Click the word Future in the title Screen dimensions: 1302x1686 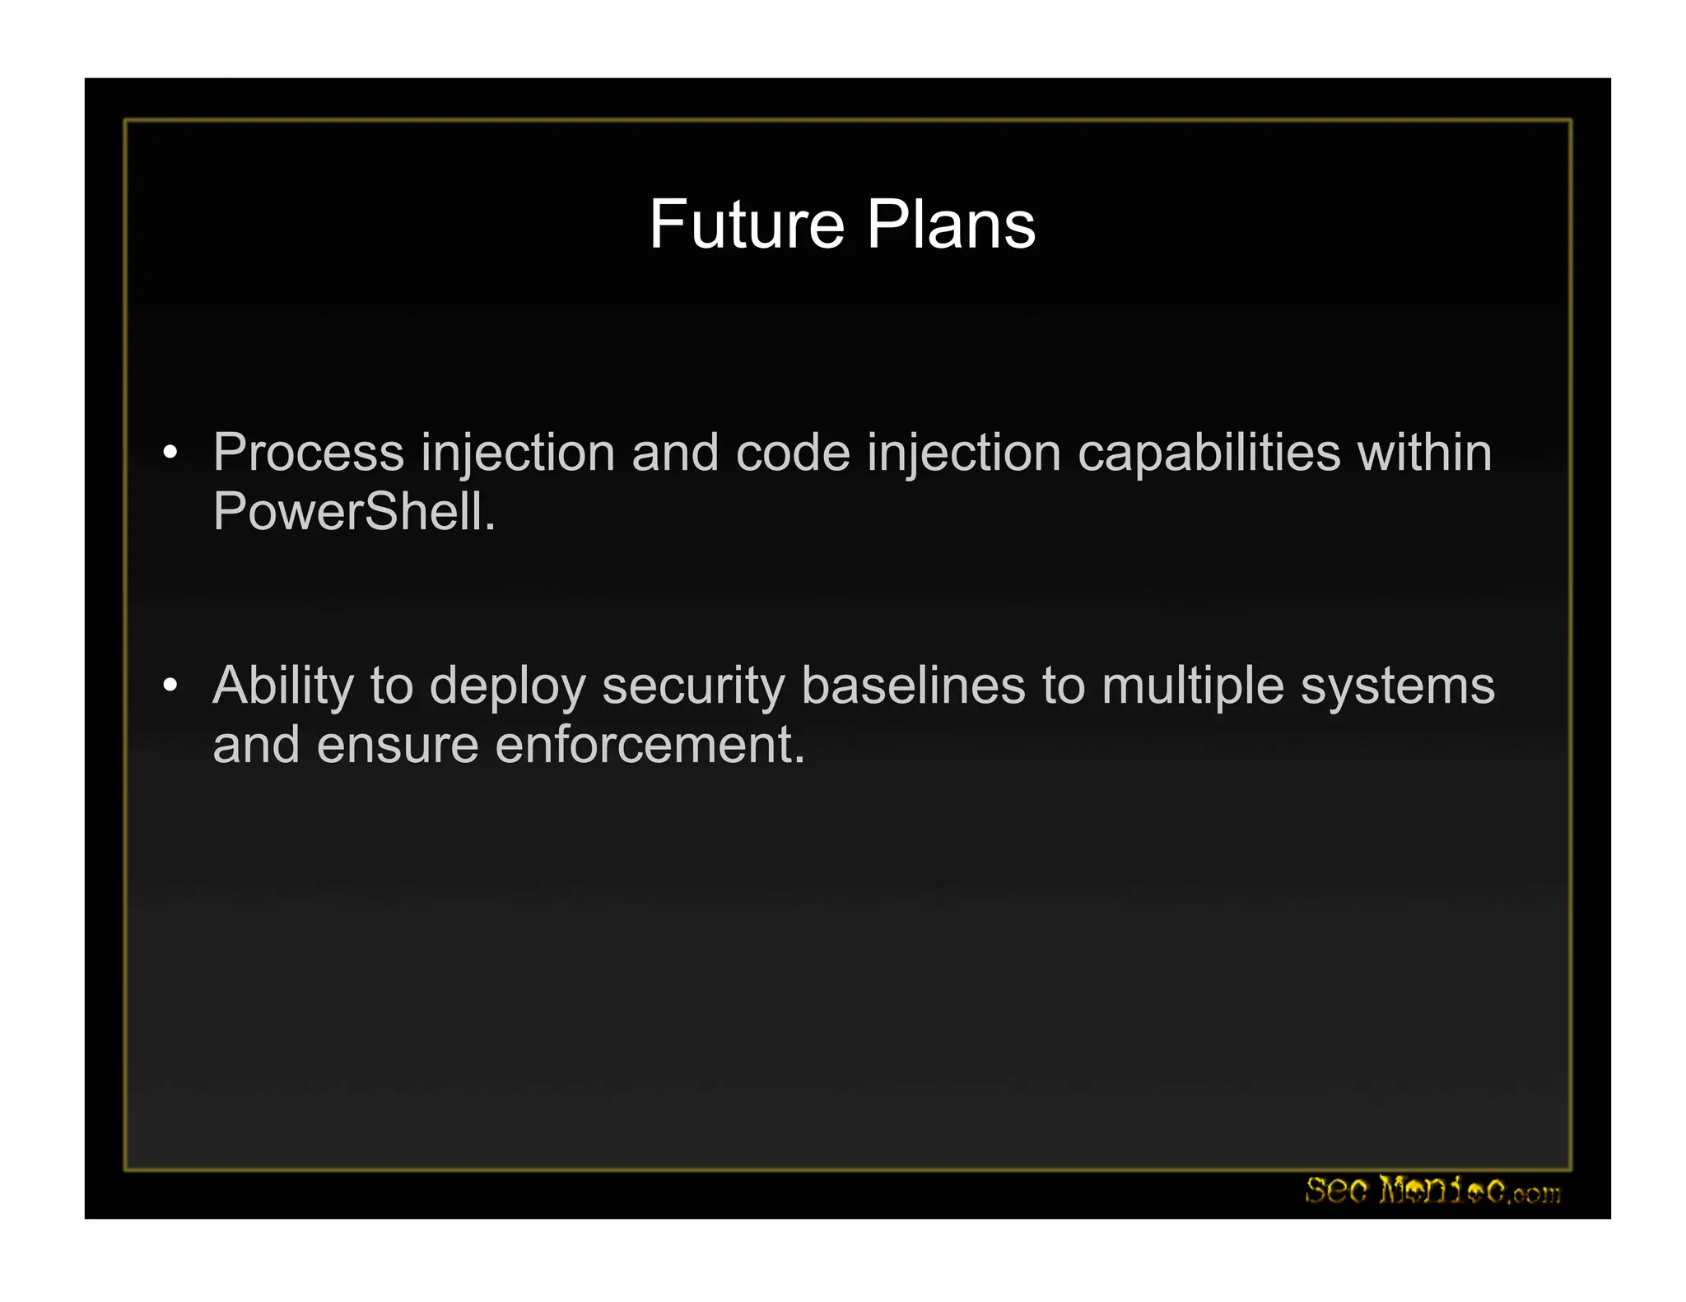click(747, 225)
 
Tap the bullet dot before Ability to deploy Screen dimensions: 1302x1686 click(170, 685)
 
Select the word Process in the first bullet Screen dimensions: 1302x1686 click(308, 453)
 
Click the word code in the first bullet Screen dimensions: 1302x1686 click(792, 453)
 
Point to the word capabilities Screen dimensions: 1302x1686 click(1209, 453)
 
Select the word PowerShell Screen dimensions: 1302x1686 click(354, 512)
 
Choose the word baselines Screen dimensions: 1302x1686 click(913, 686)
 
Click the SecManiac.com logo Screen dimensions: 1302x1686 click(1432, 1191)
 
